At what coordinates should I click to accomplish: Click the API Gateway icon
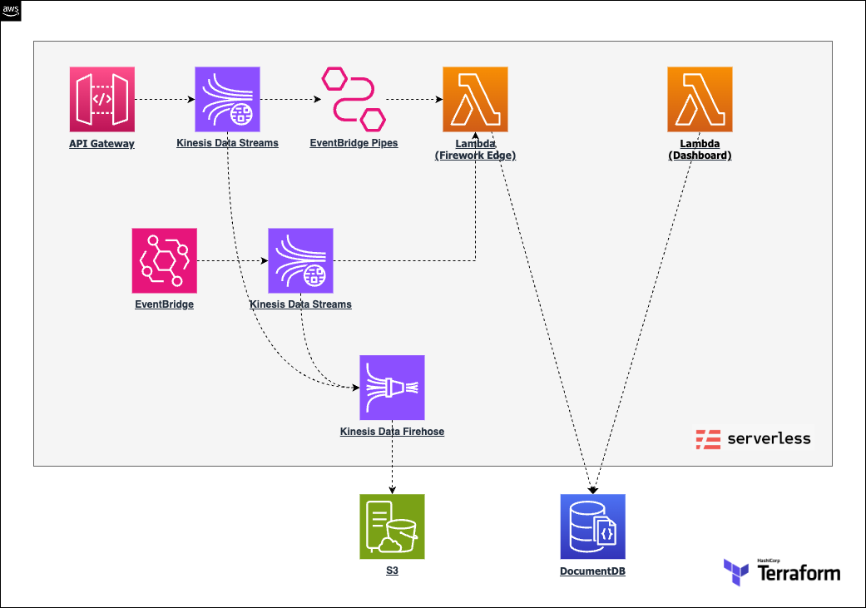pos(102,100)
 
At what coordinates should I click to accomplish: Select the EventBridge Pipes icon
pos(354,100)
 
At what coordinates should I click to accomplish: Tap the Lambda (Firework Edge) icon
pos(476,100)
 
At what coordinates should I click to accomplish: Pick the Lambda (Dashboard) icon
pos(700,100)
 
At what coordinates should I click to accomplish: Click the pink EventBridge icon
pos(165,260)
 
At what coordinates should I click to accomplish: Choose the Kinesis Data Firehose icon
pos(392,388)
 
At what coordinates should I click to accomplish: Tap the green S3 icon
pos(392,526)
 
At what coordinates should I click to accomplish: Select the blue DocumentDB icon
pos(592,526)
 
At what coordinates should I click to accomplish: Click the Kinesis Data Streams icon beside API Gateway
pos(228,100)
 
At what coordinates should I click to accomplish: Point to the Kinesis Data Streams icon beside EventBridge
pos(300,260)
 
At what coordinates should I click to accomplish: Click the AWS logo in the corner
pos(11,11)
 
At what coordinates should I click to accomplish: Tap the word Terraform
pos(799,573)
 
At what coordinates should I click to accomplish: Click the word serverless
pos(769,438)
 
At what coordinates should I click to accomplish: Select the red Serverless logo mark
pos(708,439)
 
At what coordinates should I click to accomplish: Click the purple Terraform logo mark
pos(736,572)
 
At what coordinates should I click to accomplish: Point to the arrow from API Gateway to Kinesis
pos(166,100)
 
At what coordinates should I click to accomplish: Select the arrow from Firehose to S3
pos(392,457)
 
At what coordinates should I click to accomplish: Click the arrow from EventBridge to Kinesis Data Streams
pos(233,260)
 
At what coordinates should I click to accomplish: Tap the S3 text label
pos(392,571)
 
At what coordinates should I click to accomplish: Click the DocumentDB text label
pos(592,571)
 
